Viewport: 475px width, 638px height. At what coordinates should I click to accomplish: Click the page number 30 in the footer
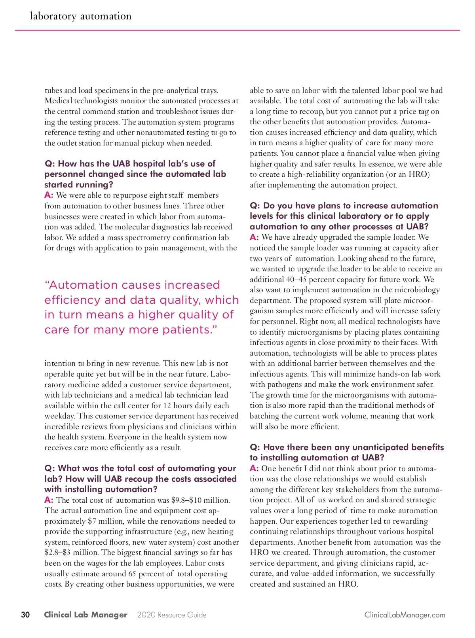coord(25,615)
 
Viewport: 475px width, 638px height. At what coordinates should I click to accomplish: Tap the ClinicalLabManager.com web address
coord(405,615)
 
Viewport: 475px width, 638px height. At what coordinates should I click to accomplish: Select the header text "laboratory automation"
coord(80,16)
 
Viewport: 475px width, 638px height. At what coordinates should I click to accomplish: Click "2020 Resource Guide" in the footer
coord(172,615)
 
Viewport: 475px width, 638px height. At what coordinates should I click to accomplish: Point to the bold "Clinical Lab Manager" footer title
coord(85,615)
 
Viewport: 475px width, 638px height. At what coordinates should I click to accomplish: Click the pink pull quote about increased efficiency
coord(141,307)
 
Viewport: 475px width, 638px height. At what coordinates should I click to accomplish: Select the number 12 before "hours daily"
coord(167,405)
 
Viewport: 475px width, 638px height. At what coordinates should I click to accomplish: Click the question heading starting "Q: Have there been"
coord(346,452)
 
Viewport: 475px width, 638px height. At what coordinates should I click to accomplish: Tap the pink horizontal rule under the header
coord(237,30)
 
